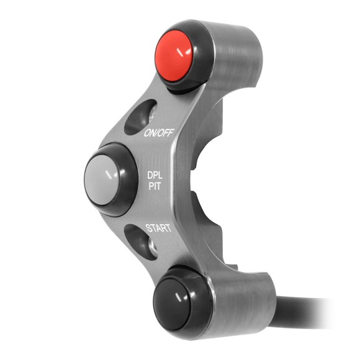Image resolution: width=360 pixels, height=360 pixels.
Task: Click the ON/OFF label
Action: pos(158,133)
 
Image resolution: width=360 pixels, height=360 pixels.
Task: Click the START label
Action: pos(158,228)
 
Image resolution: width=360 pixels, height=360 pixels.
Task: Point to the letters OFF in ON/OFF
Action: pos(164,133)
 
